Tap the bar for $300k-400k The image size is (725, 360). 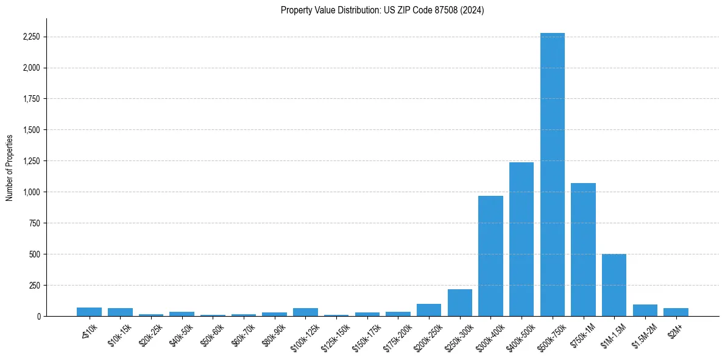click(490, 256)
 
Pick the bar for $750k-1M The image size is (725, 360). click(583, 250)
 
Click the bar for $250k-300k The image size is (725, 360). click(460, 303)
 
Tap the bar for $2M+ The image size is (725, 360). click(676, 312)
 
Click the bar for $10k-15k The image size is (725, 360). click(120, 312)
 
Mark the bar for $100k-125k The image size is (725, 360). click(305, 312)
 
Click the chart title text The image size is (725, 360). click(382, 10)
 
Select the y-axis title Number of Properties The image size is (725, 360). click(10, 167)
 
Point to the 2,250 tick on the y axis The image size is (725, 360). click(30, 37)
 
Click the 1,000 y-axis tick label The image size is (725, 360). click(30, 192)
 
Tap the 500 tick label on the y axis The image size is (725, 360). click(35, 254)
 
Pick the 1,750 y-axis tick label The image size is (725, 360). click(30, 99)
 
